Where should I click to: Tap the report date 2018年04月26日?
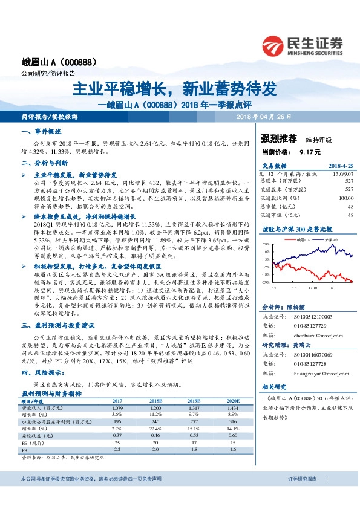coord(264,116)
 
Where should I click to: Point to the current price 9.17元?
coord(308,152)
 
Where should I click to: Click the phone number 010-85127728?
coord(309,363)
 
